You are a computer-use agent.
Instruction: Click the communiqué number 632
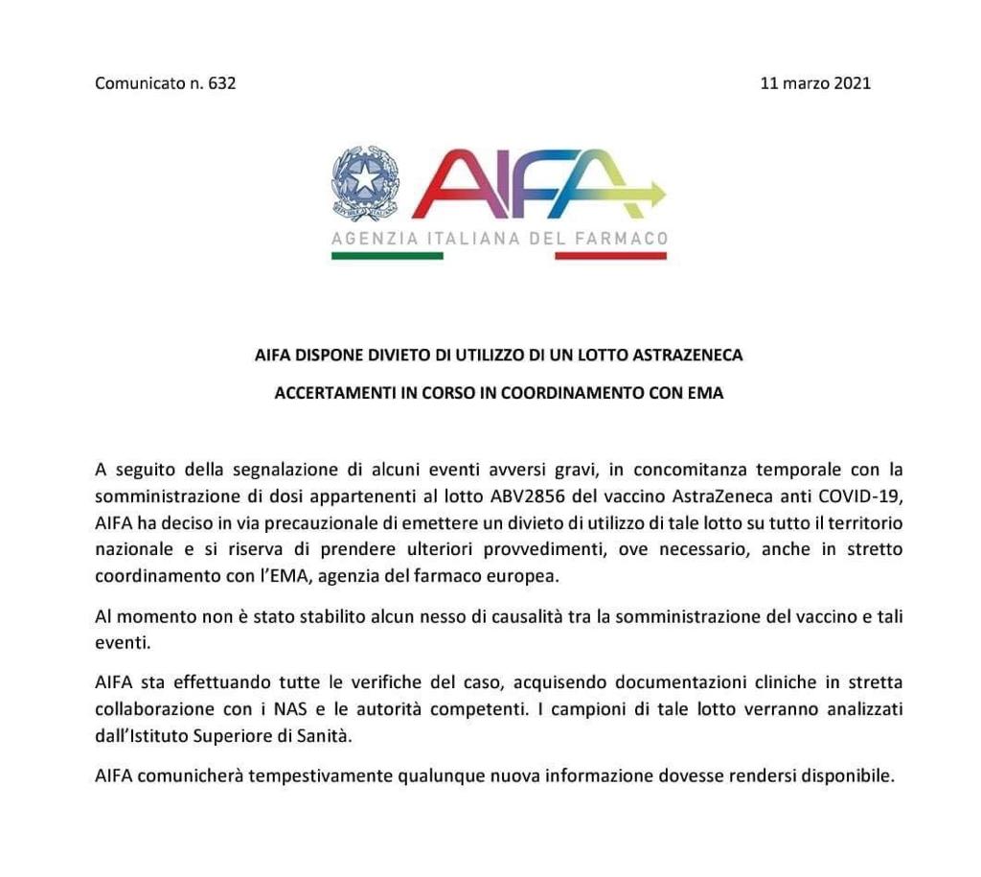tap(221, 82)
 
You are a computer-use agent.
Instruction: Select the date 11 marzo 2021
tap(815, 82)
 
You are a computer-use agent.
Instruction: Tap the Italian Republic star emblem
tap(365, 183)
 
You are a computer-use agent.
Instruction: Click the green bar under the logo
tap(387, 256)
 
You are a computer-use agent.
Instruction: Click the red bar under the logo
tap(610, 256)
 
